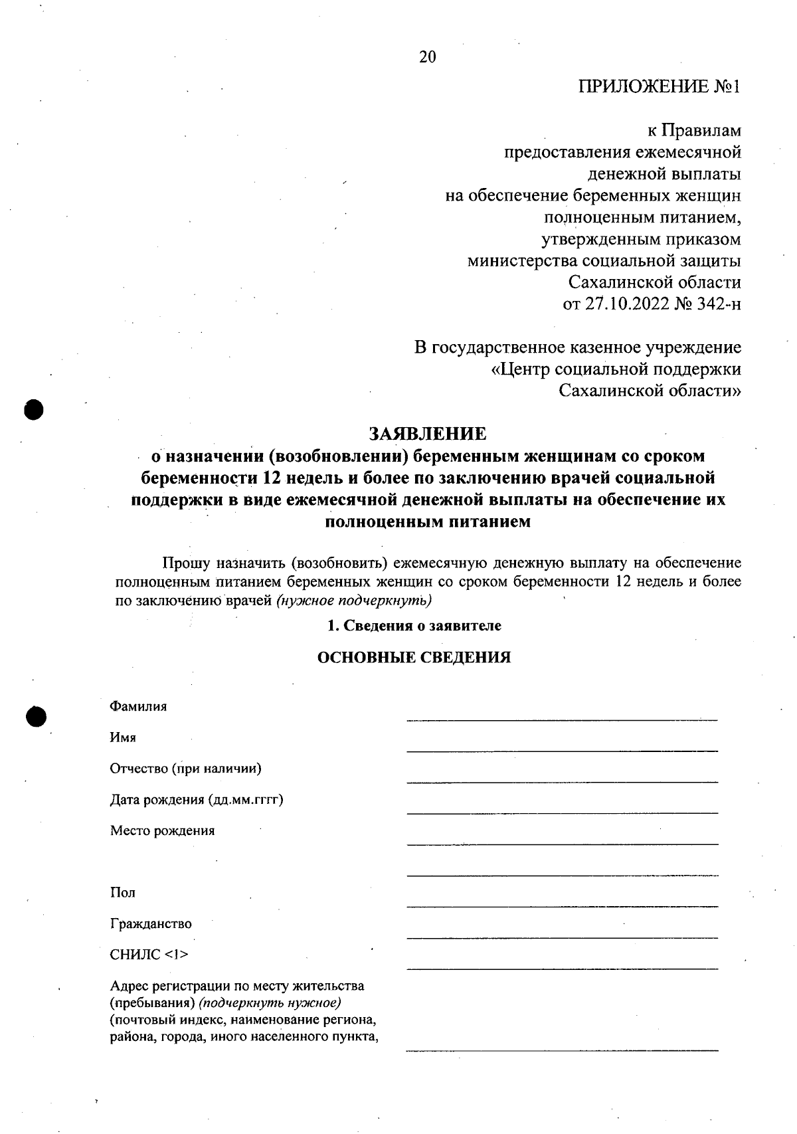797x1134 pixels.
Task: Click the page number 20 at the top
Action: click(x=427, y=57)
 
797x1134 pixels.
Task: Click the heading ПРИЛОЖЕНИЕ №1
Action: click(x=659, y=87)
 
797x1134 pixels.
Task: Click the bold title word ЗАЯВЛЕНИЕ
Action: click(x=427, y=434)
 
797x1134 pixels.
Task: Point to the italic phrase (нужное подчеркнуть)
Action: click(x=355, y=601)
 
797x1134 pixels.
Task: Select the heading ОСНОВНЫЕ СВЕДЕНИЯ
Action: click(x=414, y=657)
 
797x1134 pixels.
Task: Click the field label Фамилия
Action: click(x=138, y=706)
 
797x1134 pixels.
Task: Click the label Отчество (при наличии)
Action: click(x=185, y=769)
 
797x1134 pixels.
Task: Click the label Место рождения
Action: click(x=162, y=830)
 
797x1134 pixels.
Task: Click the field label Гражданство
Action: click(x=151, y=923)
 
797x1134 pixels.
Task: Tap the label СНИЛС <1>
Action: click(x=149, y=955)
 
